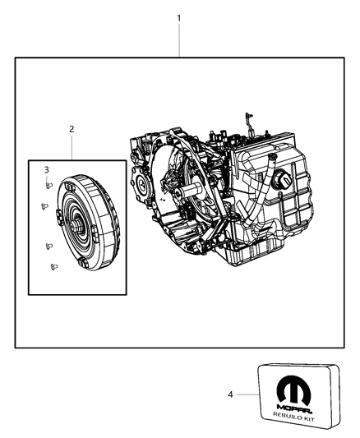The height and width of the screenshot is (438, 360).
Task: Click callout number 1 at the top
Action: point(179,17)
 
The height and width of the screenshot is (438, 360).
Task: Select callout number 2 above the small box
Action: point(72,129)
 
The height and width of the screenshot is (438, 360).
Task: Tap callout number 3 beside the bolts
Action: point(47,169)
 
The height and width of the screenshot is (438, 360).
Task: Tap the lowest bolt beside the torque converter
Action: point(53,265)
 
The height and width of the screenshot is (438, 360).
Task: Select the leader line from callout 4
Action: point(247,394)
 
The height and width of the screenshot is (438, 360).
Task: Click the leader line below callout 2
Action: point(72,147)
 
